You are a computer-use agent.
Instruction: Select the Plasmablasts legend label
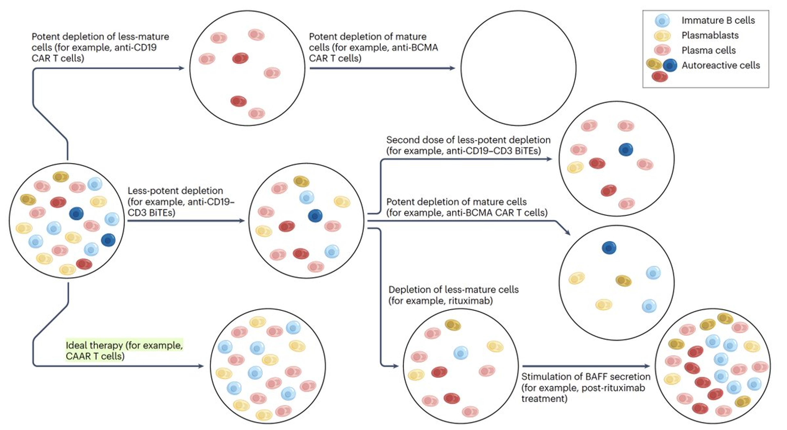click(710, 35)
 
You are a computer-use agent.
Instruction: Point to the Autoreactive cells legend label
click(720, 65)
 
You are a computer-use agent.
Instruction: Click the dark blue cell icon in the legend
click(670, 65)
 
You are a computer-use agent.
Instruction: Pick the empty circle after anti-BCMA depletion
click(518, 68)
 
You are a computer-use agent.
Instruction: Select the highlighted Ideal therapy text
click(124, 350)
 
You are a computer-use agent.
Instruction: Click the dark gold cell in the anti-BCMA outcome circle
click(623, 281)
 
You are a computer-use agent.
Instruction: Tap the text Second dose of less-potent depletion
click(468, 140)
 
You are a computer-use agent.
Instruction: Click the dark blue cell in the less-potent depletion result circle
click(315, 216)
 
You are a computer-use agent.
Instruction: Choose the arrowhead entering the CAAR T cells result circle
click(201, 366)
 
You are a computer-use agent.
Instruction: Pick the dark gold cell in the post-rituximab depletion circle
click(453, 325)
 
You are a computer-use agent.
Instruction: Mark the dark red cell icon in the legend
click(659, 76)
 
